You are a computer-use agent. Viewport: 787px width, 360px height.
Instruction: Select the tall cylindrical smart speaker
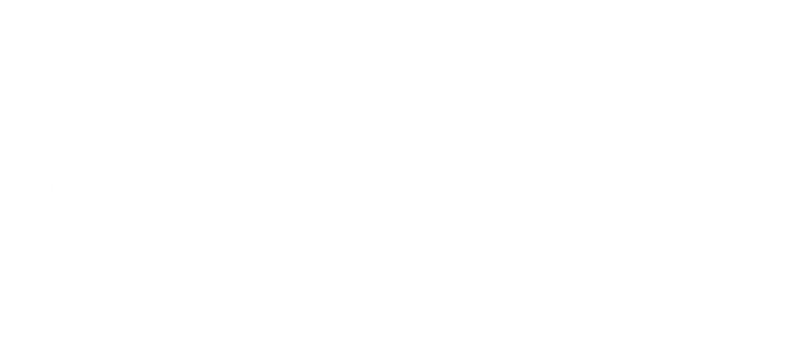(715, 289)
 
